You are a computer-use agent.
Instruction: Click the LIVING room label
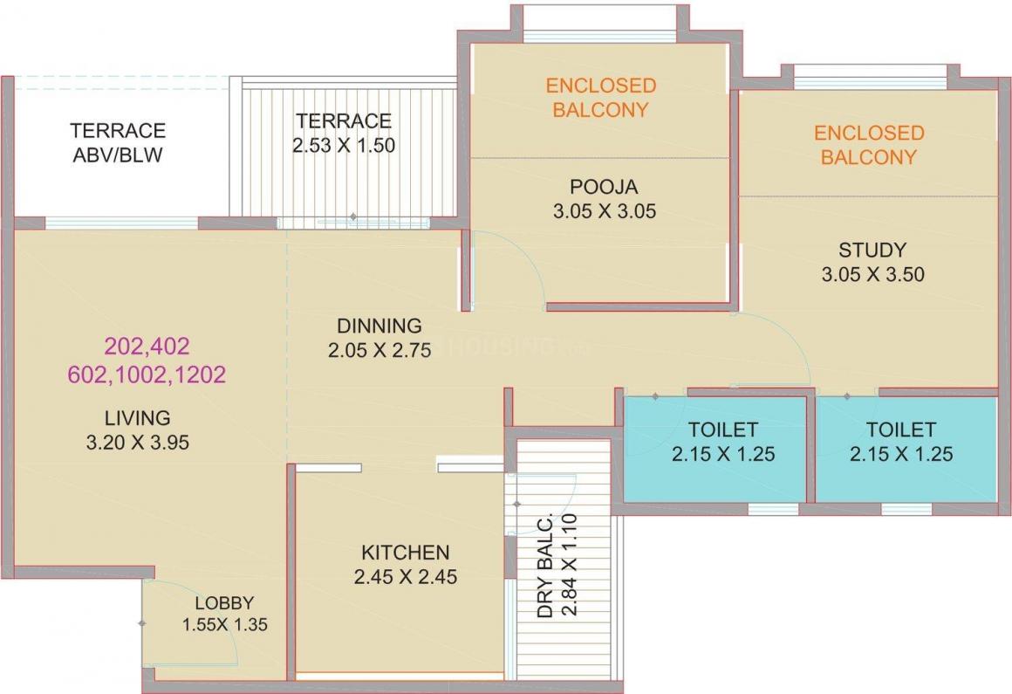pos(137,417)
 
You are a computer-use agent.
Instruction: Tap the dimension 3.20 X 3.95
pos(137,443)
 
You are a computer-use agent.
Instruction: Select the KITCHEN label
pos(406,553)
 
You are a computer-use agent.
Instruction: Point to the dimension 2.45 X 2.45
pos(406,577)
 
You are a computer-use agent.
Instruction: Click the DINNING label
pos(379,326)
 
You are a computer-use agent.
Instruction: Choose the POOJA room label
pos(604,186)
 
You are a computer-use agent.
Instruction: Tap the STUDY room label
pos(872,250)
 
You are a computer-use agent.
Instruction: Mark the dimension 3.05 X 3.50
pos(872,275)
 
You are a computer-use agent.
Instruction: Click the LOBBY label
pos(224,602)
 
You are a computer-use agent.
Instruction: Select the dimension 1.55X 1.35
pos(224,625)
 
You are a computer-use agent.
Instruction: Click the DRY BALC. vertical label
pos(546,567)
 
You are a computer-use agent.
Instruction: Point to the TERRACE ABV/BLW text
pos(118,143)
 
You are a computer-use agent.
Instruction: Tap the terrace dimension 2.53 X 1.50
pos(344,145)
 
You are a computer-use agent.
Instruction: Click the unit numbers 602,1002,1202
pos(147,375)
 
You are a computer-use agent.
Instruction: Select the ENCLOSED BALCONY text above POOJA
pos(600,98)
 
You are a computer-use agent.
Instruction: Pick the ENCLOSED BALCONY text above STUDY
pos(869,145)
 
